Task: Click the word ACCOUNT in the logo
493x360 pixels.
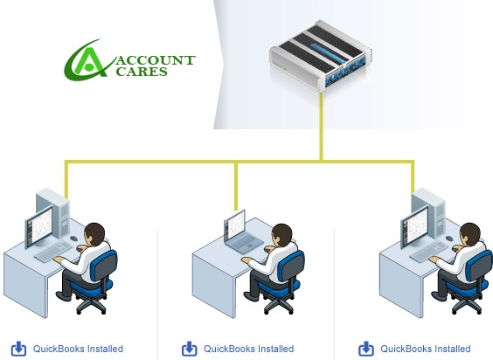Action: pyautogui.click(x=156, y=60)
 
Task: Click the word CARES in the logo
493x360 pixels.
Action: pyautogui.click(x=142, y=72)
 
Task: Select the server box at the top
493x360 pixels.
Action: pyautogui.click(x=321, y=56)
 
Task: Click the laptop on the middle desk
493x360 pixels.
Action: pyautogui.click(x=242, y=232)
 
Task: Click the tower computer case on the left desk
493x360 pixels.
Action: pyautogui.click(x=53, y=213)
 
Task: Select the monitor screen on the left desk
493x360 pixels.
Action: pyautogui.click(x=39, y=226)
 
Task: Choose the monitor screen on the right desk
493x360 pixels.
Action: pyautogui.click(x=415, y=226)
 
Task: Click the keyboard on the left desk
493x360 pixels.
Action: pyautogui.click(x=53, y=252)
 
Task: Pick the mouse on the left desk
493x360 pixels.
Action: pyautogui.click(x=73, y=239)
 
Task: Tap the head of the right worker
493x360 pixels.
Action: pyautogui.click(x=469, y=234)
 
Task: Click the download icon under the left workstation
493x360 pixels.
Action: pyautogui.click(x=18, y=349)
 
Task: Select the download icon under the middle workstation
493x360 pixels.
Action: pyautogui.click(x=190, y=349)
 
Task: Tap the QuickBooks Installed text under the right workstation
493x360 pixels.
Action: pyautogui.click(x=426, y=349)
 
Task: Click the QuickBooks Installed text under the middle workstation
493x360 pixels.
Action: pyautogui.click(x=249, y=349)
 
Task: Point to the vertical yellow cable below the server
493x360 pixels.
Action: pyautogui.click(x=322, y=127)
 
